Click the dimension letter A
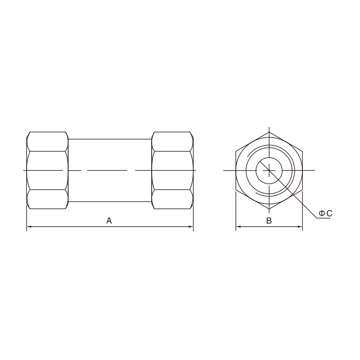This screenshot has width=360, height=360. point(109,220)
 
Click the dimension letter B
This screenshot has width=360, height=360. point(269,220)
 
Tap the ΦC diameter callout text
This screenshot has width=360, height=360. point(325,213)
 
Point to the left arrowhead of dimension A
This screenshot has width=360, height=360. point(29,227)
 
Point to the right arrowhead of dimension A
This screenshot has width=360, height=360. point(190,227)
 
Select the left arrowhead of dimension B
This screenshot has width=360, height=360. point(238,227)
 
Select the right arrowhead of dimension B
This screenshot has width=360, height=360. point(300,227)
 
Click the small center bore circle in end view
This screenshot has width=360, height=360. point(269,157)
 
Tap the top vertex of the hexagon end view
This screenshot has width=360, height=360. point(269,132)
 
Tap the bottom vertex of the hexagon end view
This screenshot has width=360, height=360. point(269,209)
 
